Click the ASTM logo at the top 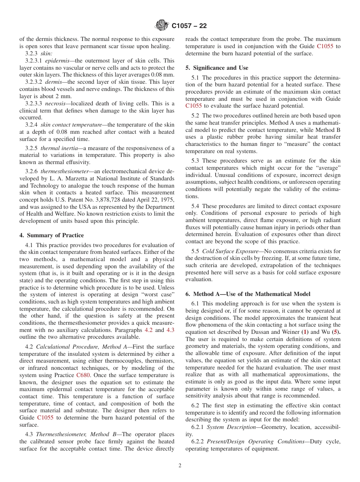[161, 26]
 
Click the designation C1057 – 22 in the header [189, 26]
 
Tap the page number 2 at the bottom [180, 466]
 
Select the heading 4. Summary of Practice [52, 235]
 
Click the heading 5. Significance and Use [217, 68]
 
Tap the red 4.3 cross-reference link [171, 330]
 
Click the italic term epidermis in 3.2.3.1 [57, 61]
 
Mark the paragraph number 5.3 [196, 161]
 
